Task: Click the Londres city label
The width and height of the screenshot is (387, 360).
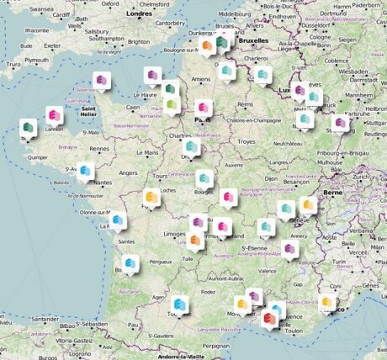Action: pyautogui.click(x=140, y=14)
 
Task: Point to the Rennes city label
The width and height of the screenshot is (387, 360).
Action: pyautogui.click(x=100, y=149)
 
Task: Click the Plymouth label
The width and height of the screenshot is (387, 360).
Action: pyautogui.click(x=37, y=61)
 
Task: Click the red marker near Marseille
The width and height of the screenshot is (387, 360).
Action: pyautogui.click(x=271, y=316)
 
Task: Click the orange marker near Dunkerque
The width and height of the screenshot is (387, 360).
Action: pyautogui.click(x=207, y=45)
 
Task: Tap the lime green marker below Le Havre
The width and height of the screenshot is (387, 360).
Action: pyautogui.click(x=172, y=104)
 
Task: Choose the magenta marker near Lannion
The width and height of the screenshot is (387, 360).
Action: pyautogui.click(x=54, y=115)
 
